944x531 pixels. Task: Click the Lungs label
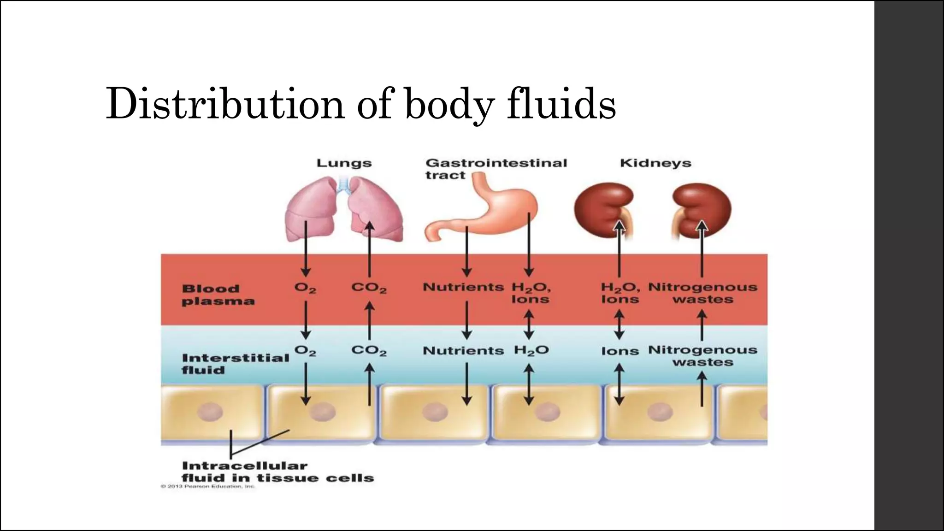344,163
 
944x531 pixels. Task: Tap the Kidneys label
655,163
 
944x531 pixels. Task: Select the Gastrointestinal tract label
496,169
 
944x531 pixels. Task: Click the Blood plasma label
218,295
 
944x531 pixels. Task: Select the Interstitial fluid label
235,364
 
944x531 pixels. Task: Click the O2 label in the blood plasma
305,288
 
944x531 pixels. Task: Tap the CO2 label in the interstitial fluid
369,351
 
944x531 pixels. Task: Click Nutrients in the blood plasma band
463,287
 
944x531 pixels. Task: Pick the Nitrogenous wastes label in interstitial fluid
702,356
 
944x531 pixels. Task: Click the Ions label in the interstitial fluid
620,351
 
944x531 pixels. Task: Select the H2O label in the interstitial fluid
531,351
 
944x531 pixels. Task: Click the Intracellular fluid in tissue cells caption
277,472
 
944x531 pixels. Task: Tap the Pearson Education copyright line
207,486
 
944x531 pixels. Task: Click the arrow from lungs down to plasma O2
305,249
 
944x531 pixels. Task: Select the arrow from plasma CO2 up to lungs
369,249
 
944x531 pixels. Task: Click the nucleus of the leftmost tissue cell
210,412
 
